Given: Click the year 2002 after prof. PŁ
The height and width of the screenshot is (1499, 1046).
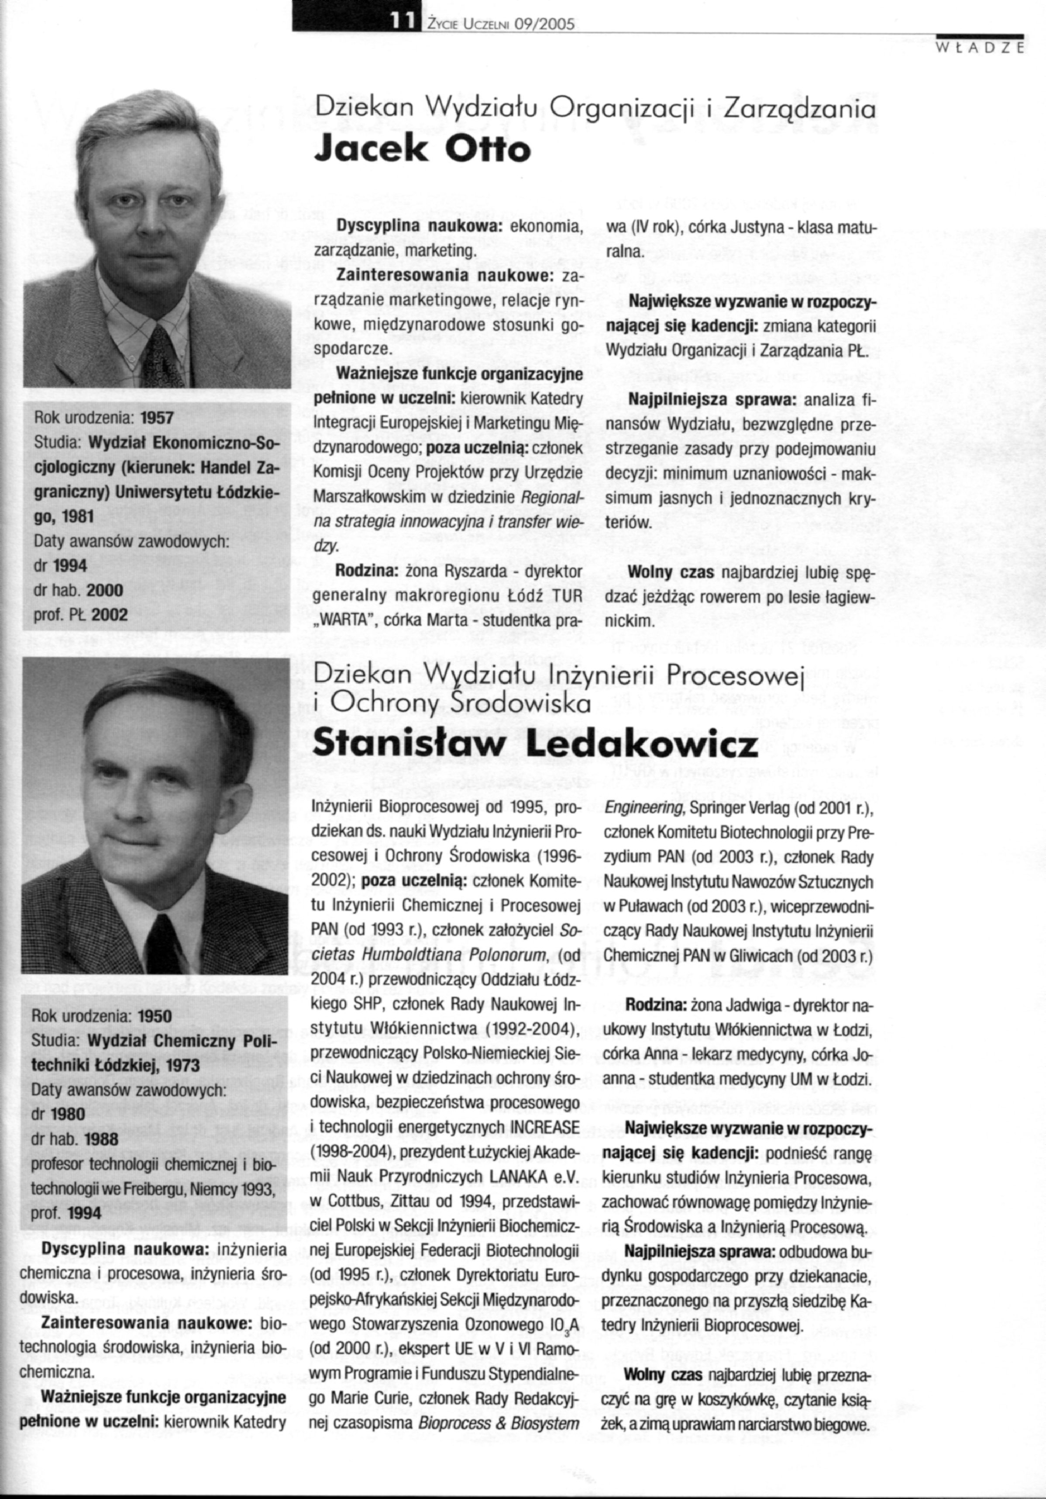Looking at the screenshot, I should (x=110, y=614).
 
